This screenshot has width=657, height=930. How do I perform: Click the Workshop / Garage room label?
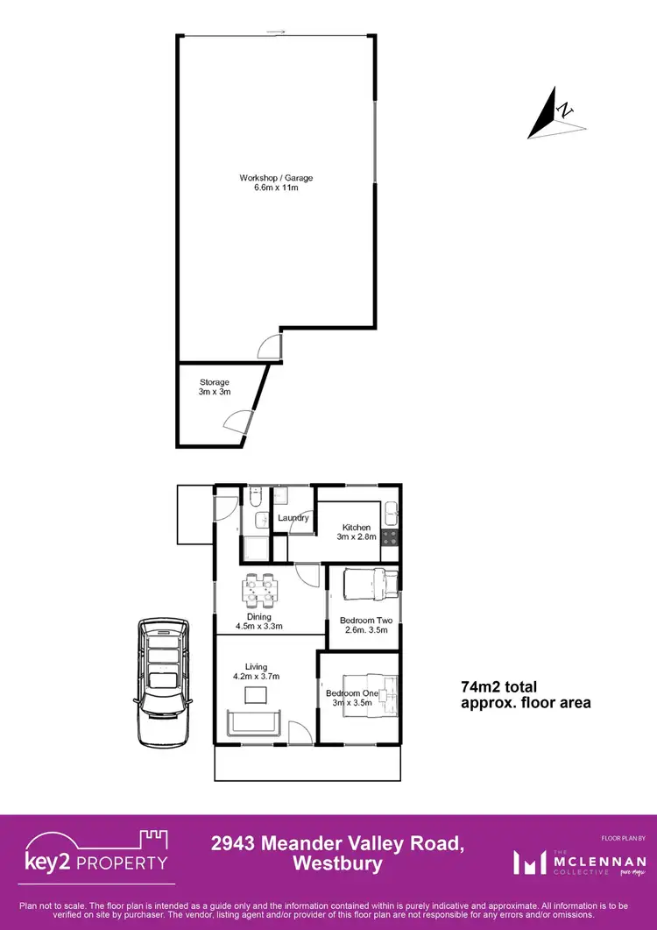pyautogui.click(x=276, y=178)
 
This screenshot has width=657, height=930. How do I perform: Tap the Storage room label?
pyautogui.click(x=214, y=382)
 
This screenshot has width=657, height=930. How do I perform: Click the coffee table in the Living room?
pyautogui.click(x=256, y=695)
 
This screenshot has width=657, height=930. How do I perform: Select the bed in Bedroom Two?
pyautogui.click(x=370, y=583)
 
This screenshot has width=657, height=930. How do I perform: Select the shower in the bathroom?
pyautogui.click(x=257, y=549)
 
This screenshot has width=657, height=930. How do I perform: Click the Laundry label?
pyautogui.click(x=293, y=518)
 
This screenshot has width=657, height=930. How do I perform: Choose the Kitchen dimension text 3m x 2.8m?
pyautogui.click(x=358, y=536)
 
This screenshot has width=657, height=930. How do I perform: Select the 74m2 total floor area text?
pyautogui.click(x=525, y=694)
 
